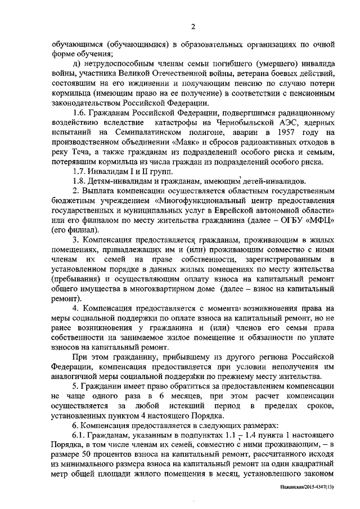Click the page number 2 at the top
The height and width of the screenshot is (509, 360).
pos(193,27)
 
